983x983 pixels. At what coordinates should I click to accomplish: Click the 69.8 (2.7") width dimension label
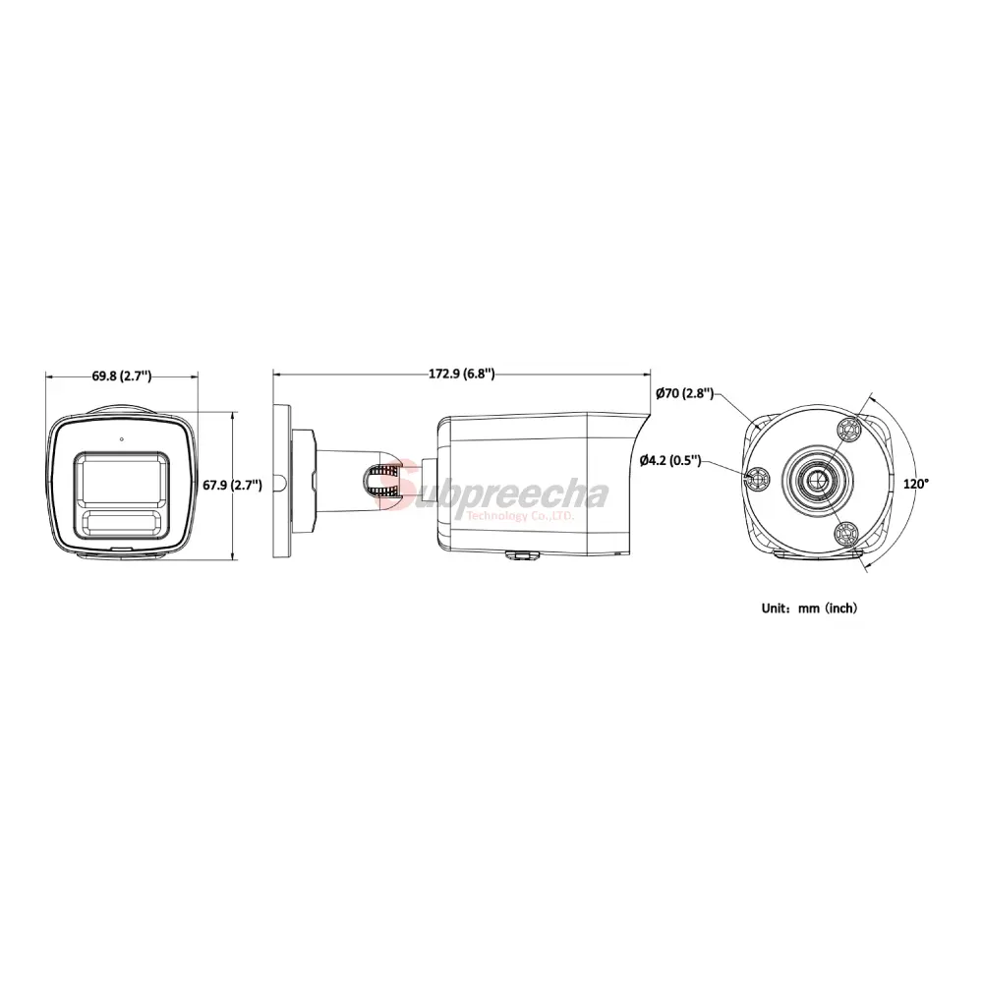coord(122,376)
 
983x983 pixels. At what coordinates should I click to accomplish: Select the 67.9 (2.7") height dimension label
coord(233,485)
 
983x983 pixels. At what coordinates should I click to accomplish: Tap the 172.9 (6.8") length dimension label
coord(461,374)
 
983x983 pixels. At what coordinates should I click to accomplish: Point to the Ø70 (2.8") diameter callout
coord(684,394)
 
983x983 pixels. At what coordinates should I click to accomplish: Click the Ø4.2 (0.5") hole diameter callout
coord(670,460)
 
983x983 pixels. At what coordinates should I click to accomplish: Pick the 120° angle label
coord(916,484)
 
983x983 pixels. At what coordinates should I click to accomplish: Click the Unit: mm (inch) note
coord(809,607)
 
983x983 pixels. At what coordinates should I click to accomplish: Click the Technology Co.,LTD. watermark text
coord(520,516)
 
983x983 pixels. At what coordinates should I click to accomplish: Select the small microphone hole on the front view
coord(121,438)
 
